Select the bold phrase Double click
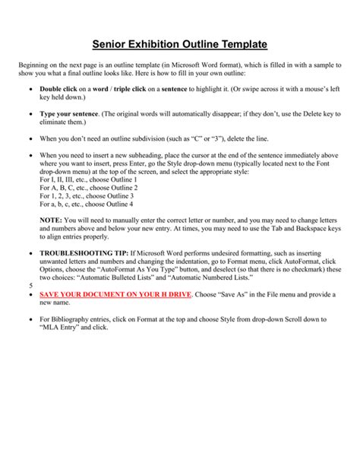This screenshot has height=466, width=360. (x=59, y=90)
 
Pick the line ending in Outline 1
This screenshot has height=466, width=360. (x=78, y=179)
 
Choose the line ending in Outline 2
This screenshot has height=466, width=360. (x=78, y=188)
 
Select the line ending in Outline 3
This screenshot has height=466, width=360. (x=77, y=196)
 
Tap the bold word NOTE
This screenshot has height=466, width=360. (x=52, y=220)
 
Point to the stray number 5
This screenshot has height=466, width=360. (x=30, y=285)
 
